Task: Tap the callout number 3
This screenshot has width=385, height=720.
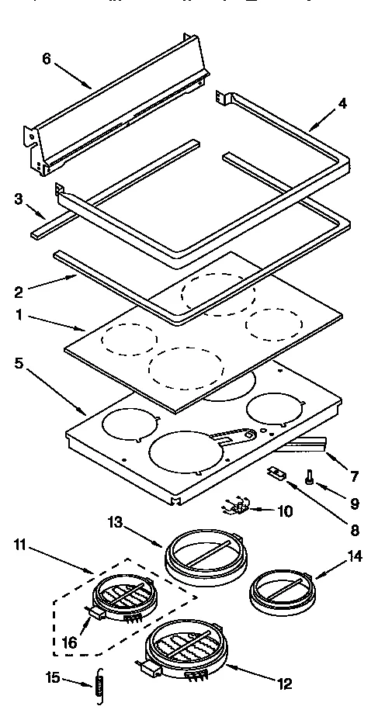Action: tap(17, 199)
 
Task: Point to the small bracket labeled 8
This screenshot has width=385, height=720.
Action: tap(275, 474)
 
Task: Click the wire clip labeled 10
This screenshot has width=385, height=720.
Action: tap(238, 508)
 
